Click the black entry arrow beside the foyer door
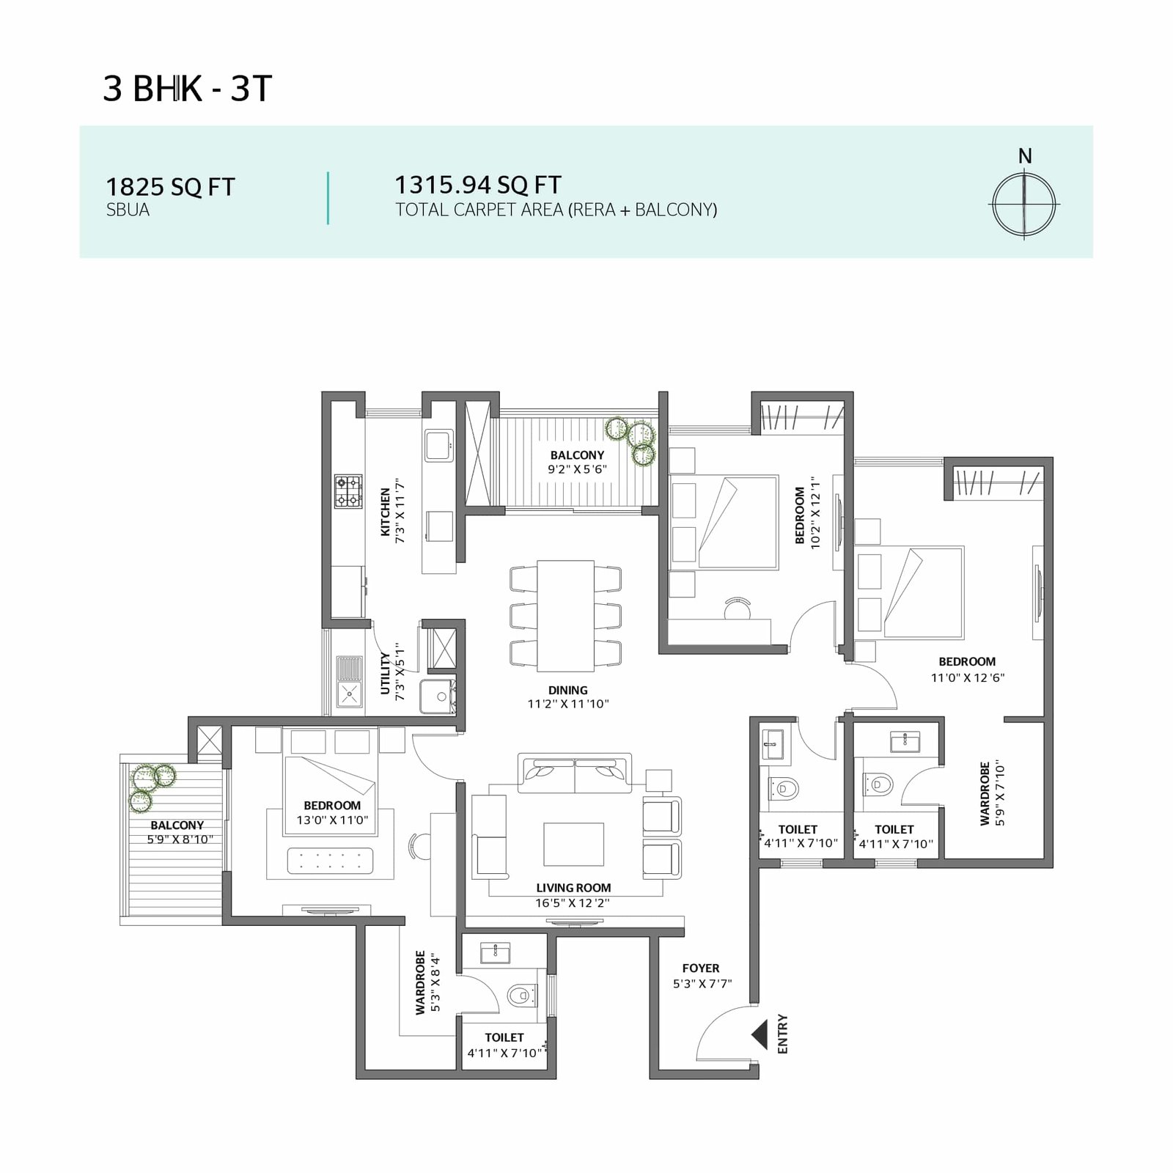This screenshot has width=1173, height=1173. (759, 1035)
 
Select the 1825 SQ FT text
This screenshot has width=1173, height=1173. (171, 187)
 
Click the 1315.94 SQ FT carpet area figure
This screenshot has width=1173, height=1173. (478, 184)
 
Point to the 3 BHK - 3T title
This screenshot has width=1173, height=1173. (188, 89)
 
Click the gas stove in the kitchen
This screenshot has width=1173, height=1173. (348, 491)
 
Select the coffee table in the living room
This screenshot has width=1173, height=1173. (574, 844)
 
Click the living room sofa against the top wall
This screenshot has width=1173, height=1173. (575, 773)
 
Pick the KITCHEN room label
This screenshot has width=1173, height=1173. (386, 512)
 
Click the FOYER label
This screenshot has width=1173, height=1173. (701, 968)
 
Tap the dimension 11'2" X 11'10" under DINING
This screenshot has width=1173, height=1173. (568, 704)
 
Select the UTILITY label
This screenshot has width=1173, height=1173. (386, 672)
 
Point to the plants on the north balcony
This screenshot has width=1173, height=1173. (631, 441)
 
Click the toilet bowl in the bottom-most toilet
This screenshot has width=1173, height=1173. (520, 995)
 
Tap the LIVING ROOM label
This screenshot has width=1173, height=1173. (573, 888)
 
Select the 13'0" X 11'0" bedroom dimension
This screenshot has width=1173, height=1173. (332, 820)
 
